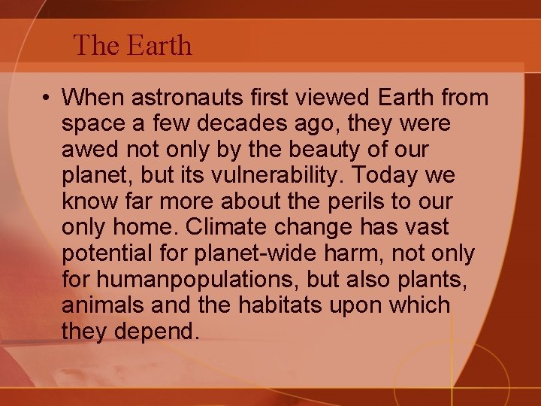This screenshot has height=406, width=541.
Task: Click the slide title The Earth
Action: click(133, 47)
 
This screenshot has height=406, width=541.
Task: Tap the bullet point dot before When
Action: click(47, 98)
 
